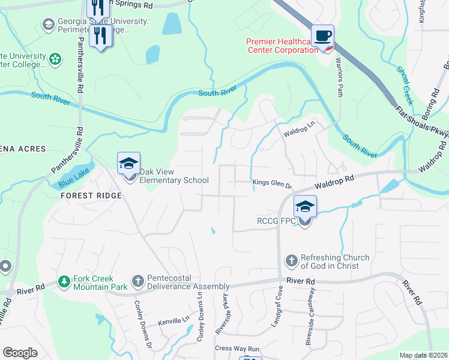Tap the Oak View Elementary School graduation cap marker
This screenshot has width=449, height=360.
129,163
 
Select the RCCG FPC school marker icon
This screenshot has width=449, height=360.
305,207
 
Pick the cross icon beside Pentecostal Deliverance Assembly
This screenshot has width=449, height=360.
137,280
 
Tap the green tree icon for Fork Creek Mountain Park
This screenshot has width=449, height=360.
64,281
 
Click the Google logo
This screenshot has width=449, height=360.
20,353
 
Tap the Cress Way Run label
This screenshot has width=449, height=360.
237,349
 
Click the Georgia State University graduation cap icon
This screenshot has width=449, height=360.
48,24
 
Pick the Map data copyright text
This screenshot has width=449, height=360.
423,355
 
